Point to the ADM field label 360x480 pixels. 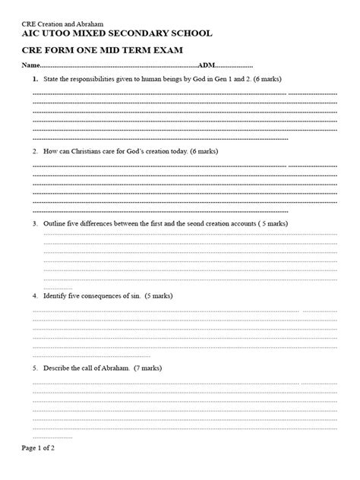point(207,67)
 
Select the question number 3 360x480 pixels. point(35,224)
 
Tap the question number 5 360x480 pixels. point(35,368)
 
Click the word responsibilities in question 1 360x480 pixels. point(93,80)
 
